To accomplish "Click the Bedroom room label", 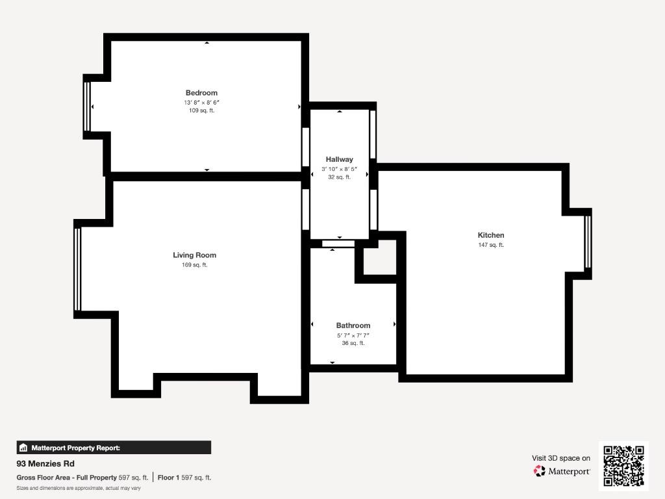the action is coord(201,93).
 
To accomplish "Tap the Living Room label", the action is coord(195,255).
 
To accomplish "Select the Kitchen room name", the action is coord(491,235).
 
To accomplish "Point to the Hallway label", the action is coord(339,160).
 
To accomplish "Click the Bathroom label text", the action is coord(353,326).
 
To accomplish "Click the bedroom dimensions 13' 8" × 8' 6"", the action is coord(201,102).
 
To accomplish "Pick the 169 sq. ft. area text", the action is coord(195,265).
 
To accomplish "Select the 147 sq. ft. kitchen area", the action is coord(491,245).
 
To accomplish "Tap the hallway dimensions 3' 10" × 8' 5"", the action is coord(339,169).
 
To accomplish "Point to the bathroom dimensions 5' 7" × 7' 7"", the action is coord(353,335).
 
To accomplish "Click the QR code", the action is coord(623,466).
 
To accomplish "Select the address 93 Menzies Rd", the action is coord(45,464).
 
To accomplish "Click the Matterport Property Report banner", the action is coord(114,448).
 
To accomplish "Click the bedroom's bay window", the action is coord(87,107).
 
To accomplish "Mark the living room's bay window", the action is coord(77,270).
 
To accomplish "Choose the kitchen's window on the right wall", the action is coord(588,242).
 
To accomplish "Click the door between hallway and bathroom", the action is coord(338,244).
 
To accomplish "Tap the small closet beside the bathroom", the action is coord(380,257).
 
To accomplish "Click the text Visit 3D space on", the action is coord(561,458).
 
